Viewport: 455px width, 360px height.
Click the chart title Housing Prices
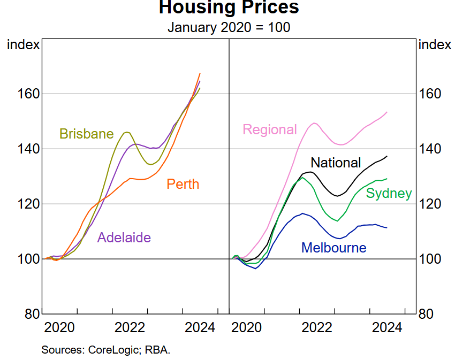(x=229, y=7)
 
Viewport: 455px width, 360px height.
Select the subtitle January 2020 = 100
(x=229, y=27)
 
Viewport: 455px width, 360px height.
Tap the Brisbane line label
(x=86, y=134)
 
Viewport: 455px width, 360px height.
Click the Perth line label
(x=183, y=185)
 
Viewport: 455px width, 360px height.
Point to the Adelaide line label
(x=124, y=238)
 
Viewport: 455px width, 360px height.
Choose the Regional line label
(x=269, y=129)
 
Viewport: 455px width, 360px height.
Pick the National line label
(x=336, y=163)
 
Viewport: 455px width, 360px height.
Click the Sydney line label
(x=389, y=194)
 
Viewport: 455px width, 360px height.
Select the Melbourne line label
(x=333, y=248)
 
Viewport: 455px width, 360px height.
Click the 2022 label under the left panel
(x=130, y=327)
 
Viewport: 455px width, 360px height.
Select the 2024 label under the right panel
(x=387, y=327)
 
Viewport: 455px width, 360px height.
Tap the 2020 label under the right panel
(x=247, y=327)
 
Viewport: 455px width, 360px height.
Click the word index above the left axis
(x=23, y=44)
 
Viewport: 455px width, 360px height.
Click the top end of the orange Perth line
(x=200, y=73)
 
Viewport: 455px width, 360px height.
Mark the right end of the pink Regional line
(x=387, y=112)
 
